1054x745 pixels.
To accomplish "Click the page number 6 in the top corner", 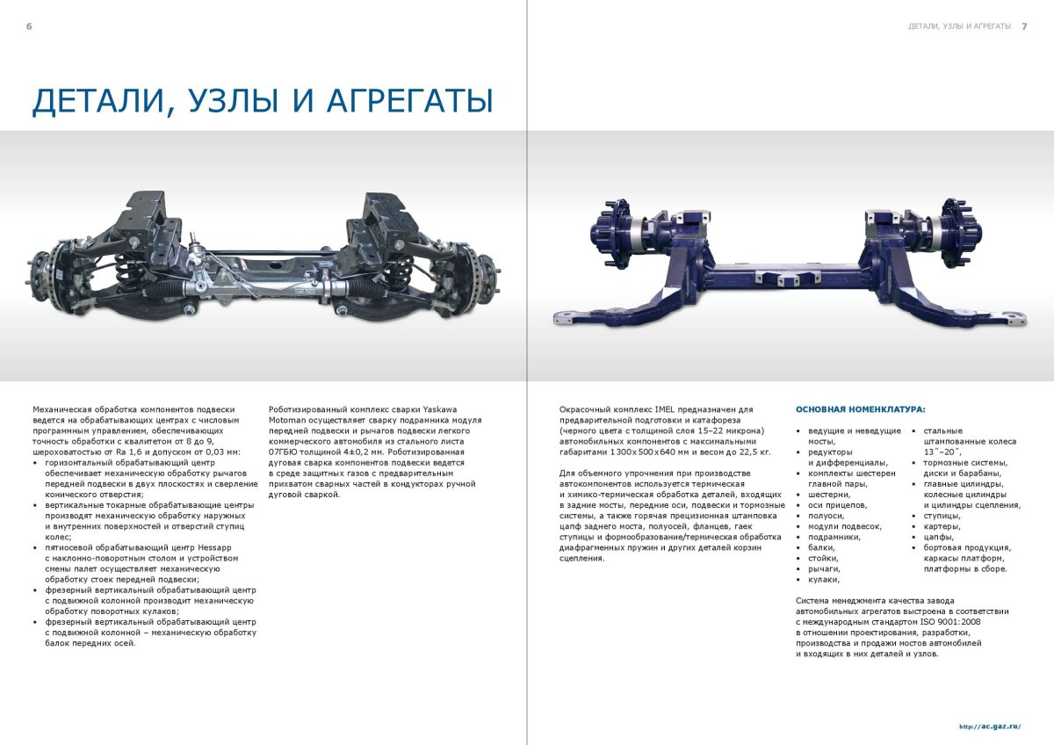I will [x=29, y=26].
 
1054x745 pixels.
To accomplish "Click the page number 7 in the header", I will [x=1024, y=26].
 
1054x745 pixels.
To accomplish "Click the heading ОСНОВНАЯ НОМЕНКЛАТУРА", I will [x=860, y=409].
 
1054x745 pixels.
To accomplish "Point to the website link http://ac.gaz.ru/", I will [x=990, y=727].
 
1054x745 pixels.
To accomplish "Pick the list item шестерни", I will [x=828, y=494].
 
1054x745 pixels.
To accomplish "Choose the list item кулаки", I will [x=823, y=579].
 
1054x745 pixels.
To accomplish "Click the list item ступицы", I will [x=942, y=515].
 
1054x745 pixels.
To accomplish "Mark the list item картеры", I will [x=941, y=525].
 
